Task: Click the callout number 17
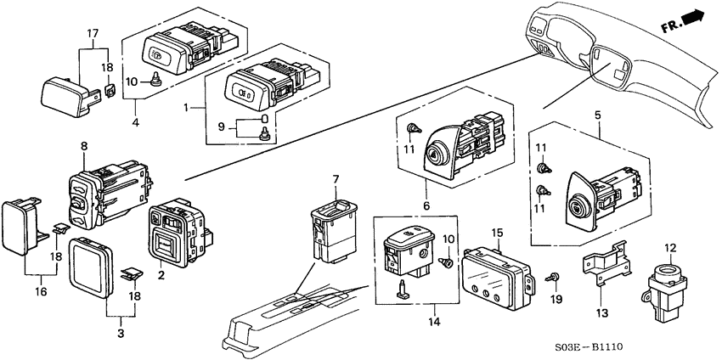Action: [x=93, y=33]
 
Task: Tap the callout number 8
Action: [x=84, y=145]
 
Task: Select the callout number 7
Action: [x=336, y=179]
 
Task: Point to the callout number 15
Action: [x=498, y=232]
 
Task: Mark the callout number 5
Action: [x=598, y=115]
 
